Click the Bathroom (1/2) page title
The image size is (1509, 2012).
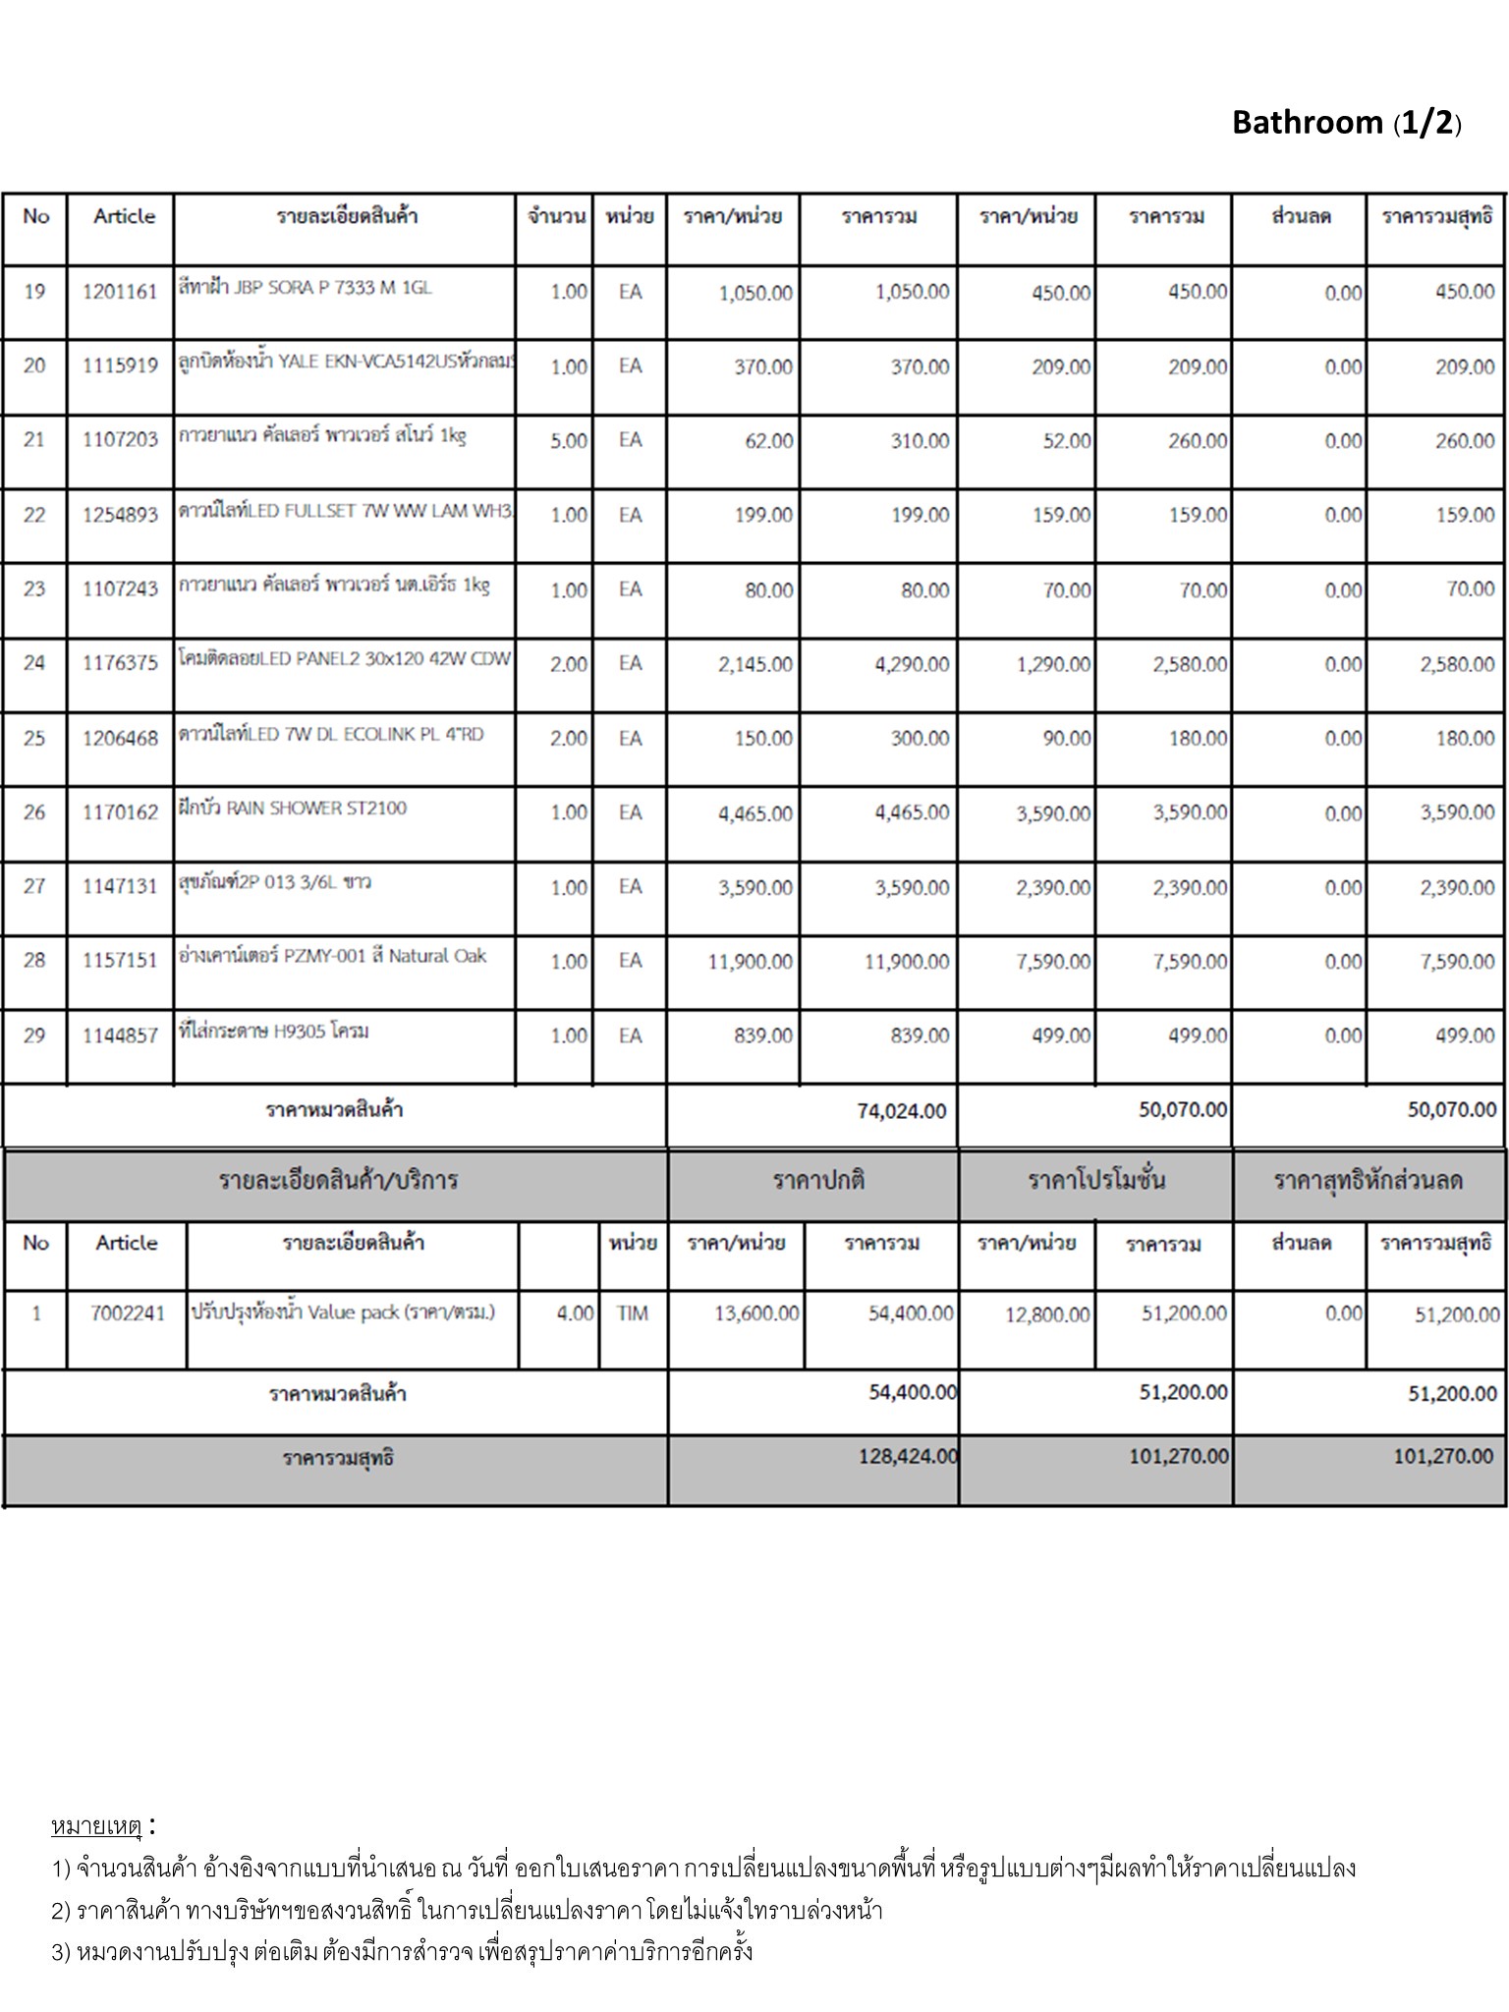(x=1346, y=123)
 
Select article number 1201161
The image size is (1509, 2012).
(x=120, y=292)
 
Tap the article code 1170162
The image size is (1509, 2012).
(x=120, y=812)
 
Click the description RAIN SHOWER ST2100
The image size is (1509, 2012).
(x=293, y=809)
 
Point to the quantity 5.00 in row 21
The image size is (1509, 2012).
(x=569, y=441)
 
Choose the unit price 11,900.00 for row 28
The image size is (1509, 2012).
(x=751, y=962)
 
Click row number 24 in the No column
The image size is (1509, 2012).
(x=34, y=663)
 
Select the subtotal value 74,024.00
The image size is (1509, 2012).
(x=902, y=1111)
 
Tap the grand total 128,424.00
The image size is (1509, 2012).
(x=908, y=1457)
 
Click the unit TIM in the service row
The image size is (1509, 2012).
(x=633, y=1313)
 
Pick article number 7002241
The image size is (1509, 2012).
(x=128, y=1313)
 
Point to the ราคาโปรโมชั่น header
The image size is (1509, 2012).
(x=1096, y=1181)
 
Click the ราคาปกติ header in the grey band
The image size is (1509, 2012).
(x=818, y=1181)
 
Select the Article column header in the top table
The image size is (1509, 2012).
(x=124, y=216)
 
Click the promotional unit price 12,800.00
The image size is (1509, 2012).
(x=1047, y=1314)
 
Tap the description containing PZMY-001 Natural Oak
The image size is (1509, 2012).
(x=332, y=956)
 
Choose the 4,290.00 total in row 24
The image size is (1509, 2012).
(x=912, y=664)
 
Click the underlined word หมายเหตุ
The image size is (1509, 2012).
(x=96, y=1826)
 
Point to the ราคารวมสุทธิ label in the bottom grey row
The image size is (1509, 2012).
(x=338, y=1459)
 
